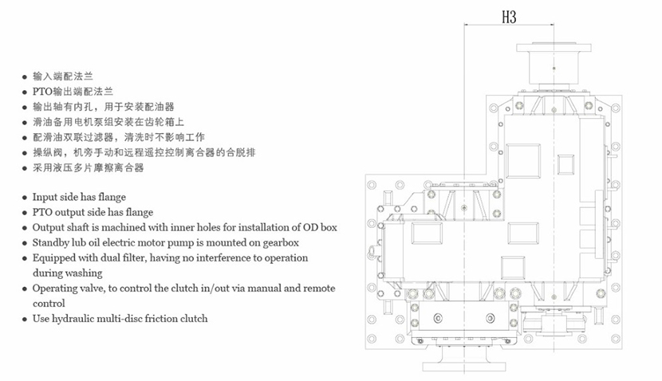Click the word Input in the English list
pyautogui.click(x=45, y=197)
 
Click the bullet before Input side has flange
pyautogui.click(x=25, y=198)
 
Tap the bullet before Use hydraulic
pyautogui.click(x=25, y=319)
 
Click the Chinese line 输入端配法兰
pyautogui.click(x=63, y=77)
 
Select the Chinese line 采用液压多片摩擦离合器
pyautogui.click(x=89, y=167)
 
